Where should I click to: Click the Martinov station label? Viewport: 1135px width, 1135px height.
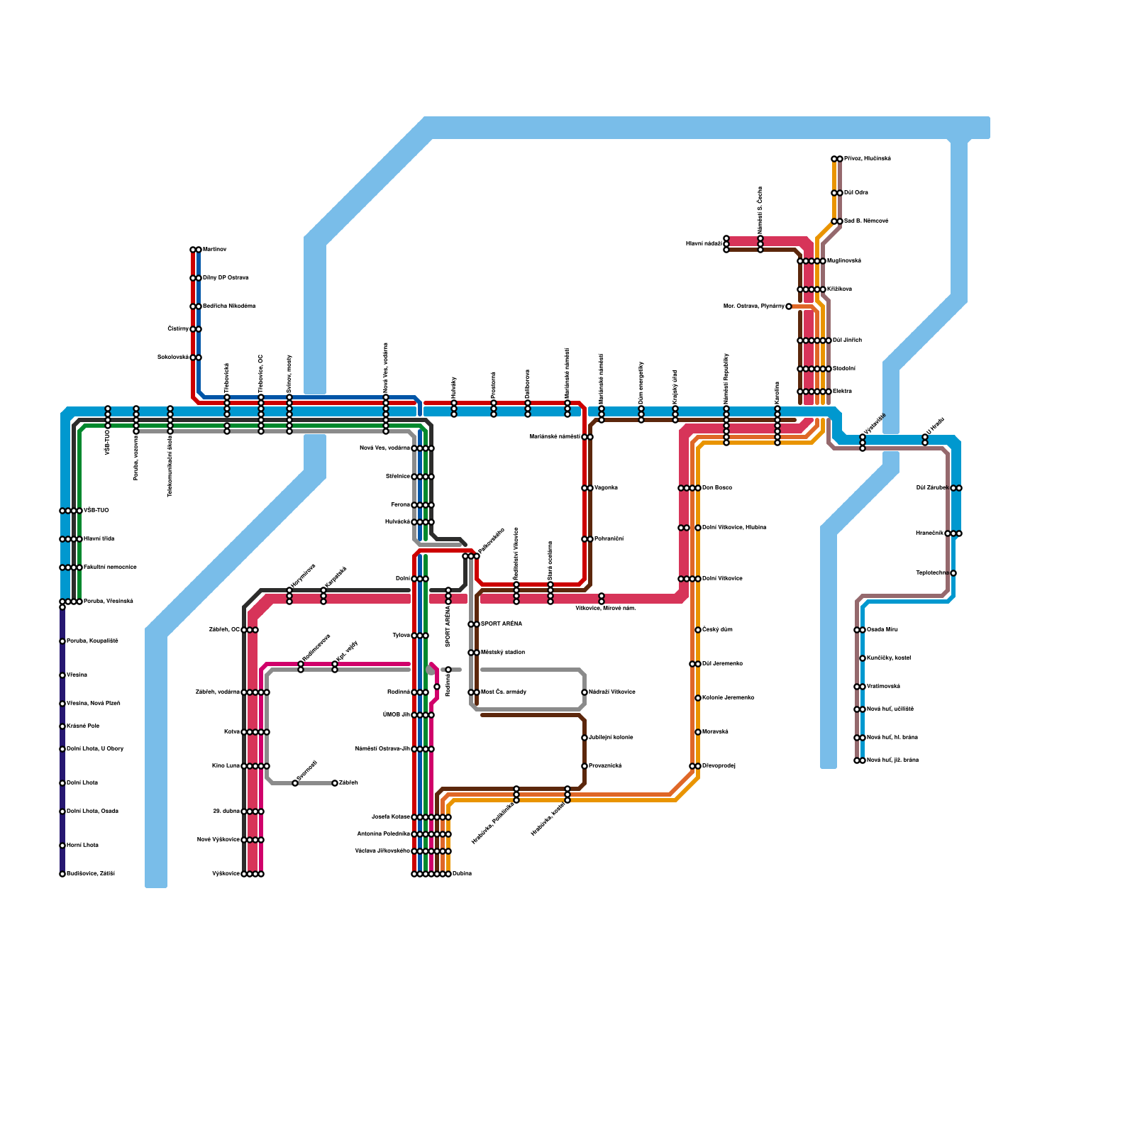214,250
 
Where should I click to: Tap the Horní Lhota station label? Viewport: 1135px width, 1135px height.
82,846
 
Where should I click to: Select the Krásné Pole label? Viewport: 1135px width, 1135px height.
83,726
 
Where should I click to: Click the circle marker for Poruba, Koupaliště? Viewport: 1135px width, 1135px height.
62,641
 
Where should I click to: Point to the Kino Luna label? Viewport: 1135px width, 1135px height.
226,766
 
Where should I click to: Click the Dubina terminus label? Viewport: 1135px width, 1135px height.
462,874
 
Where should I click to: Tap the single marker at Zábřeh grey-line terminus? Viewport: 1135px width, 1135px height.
335,783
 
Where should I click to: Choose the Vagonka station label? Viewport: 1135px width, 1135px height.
606,488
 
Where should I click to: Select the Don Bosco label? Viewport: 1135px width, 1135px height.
716,488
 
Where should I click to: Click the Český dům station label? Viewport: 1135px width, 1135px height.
717,630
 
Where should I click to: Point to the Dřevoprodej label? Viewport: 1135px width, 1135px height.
719,766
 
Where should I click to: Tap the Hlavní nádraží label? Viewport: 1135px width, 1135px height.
704,244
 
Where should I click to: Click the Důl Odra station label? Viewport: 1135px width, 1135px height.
856,193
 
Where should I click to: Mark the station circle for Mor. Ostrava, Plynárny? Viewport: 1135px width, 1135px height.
789,306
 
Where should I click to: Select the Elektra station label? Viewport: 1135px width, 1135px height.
842,392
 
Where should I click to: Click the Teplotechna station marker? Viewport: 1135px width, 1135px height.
953,573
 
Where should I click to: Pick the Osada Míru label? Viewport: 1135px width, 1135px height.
882,630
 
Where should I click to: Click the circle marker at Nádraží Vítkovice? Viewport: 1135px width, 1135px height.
585,692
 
